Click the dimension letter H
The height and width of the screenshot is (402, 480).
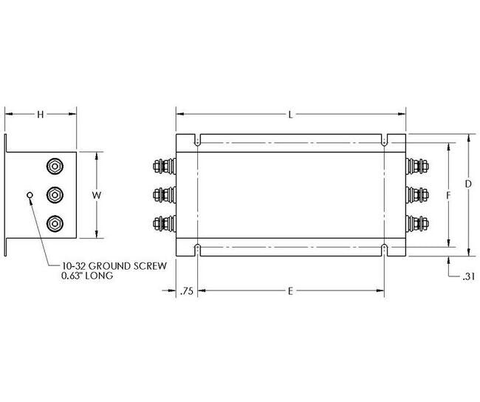(x=41, y=114)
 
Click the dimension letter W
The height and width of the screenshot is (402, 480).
(x=96, y=195)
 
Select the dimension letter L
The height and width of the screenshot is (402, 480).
(x=291, y=114)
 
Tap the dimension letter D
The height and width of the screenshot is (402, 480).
(x=467, y=183)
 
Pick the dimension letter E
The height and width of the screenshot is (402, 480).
(x=291, y=291)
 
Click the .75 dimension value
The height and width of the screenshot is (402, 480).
(x=186, y=291)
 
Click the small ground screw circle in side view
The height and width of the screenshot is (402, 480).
(x=29, y=195)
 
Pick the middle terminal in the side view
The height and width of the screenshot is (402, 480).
(x=55, y=195)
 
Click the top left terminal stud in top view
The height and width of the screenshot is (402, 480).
(x=162, y=166)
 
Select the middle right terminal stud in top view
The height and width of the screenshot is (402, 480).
(x=419, y=194)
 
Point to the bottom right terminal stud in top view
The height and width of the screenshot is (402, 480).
(x=419, y=222)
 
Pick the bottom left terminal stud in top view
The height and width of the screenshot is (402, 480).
(x=162, y=222)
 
